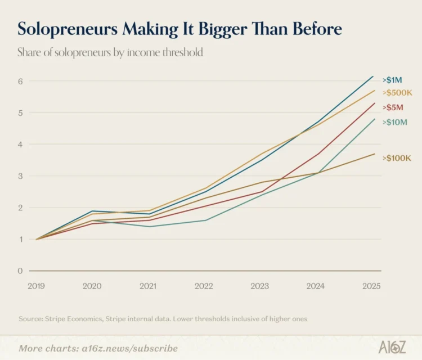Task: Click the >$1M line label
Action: pyautogui.click(x=392, y=80)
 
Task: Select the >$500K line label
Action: pyautogui.click(x=397, y=93)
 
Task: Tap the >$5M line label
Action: pyautogui.click(x=393, y=107)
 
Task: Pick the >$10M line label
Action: pyautogui.click(x=395, y=122)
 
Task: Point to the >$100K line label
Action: pyautogui.click(x=397, y=158)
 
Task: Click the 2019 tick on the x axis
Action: pyautogui.click(x=37, y=286)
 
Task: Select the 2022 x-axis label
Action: pyautogui.click(x=204, y=286)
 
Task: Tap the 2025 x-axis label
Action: pyautogui.click(x=371, y=286)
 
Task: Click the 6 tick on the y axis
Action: pyautogui.click(x=20, y=81)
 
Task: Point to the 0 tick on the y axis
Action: pyautogui.click(x=20, y=271)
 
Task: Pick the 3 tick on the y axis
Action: pyautogui.click(x=20, y=176)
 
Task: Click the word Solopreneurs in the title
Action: pyautogui.click(x=68, y=29)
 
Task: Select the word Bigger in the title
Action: pyautogui.click(x=223, y=29)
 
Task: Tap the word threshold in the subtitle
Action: pyautogui.click(x=183, y=52)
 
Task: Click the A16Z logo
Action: pyautogui.click(x=392, y=347)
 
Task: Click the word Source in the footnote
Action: pyautogui.click(x=30, y=319)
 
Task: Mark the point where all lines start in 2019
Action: pyautogui.click(x=37, y=239)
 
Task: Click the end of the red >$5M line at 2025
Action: pyautogui.click(x=374, y=103)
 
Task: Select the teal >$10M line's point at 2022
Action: pyautogui.click(x=205, y=220)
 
